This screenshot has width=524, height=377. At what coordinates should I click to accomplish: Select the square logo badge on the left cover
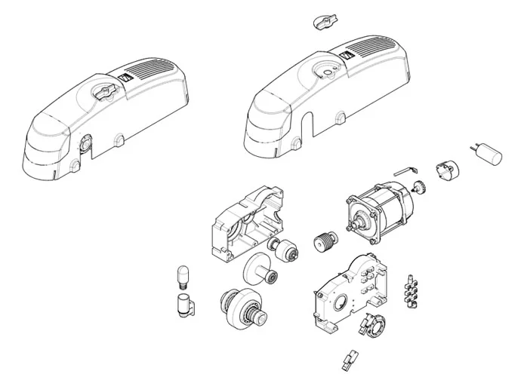click(x=125, y=75)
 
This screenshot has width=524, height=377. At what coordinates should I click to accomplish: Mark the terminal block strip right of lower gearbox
click(x=412, y=290)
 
